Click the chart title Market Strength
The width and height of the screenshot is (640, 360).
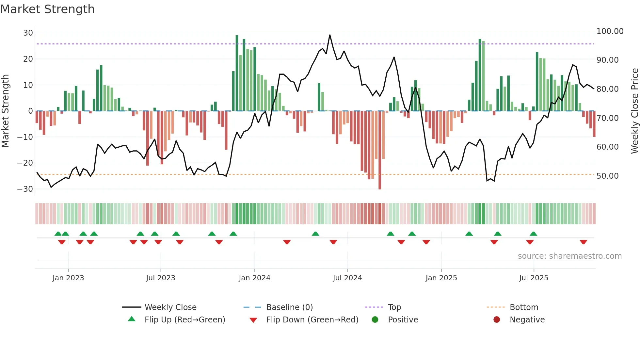(x=47, y=9)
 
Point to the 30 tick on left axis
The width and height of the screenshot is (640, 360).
(x=28, y=33)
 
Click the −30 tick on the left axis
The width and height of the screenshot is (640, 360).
(x=25, y=189)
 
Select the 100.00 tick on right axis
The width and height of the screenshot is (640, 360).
(x=610, y=31)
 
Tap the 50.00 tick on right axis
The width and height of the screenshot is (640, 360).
(x=607, y=176)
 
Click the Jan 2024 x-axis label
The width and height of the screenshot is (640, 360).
(x=254, y=278)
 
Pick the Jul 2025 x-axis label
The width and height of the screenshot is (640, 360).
(x=534, y=278)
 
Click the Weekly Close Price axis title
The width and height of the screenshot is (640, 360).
(x=634, y=111)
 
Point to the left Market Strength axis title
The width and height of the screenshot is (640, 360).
(x=5, y=111)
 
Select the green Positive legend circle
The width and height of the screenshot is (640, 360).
(x=375, y=320)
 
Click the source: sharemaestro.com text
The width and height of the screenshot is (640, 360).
(x=569, y=256)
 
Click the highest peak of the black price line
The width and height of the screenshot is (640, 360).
(x=330, y=35)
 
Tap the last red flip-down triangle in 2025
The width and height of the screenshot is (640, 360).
(x=584, y=242)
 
